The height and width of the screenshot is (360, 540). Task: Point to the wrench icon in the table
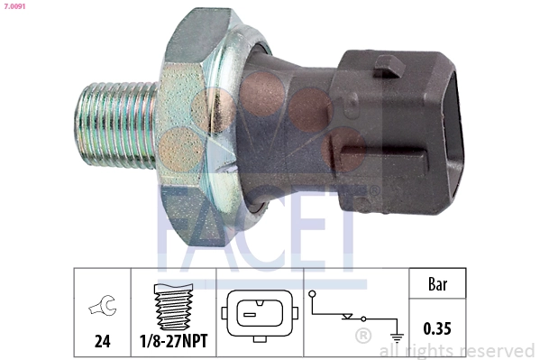(x=102, y=309)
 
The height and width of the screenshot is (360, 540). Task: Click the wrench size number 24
(x=102, y=341)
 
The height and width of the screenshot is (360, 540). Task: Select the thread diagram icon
(x=173, y=308)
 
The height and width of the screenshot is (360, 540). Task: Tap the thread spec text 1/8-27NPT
(x=173, y=341)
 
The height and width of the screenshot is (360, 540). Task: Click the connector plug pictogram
(x=259, y=314)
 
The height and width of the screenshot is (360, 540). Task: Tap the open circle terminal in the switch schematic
(x=311, y=293)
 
